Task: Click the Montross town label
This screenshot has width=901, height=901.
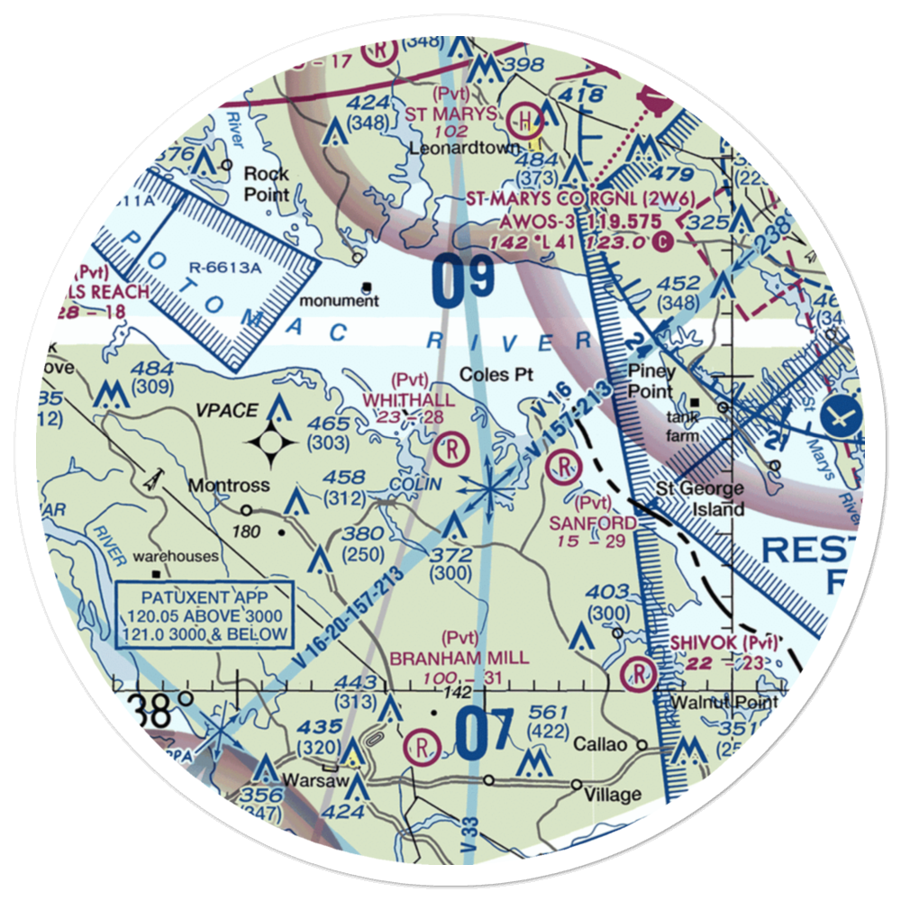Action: point(228,486)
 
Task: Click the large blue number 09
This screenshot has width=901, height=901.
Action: point(463,280)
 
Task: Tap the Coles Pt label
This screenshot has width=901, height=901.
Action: point(492,374)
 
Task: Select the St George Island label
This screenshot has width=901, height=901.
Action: point(699,499)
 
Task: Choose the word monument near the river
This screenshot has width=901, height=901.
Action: point(339,301)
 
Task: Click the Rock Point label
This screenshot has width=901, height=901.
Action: point(267,183)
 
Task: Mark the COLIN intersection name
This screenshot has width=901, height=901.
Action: point(416,484)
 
